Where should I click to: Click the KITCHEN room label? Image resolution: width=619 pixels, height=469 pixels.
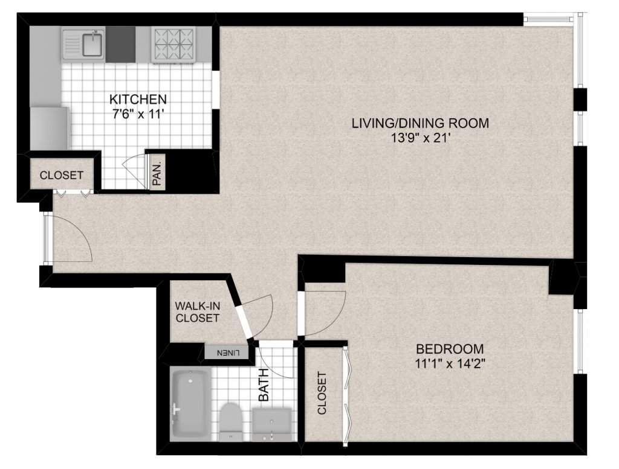(138, 98)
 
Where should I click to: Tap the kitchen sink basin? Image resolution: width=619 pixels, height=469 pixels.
(92, 43)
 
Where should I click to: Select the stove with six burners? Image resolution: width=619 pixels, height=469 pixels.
(173, 45)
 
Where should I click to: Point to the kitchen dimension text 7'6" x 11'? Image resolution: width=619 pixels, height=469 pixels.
(138, 115)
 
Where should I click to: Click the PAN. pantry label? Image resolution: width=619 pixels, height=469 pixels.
(157, 173)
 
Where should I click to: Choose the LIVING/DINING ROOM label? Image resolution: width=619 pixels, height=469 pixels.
(420, 123)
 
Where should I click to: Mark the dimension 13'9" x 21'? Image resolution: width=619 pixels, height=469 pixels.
(420, 138)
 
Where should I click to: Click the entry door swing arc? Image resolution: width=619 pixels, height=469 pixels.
(81, 232)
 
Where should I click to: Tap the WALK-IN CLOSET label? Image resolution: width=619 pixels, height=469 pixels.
(198, 311)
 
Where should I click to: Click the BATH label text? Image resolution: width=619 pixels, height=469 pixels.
(264, 384)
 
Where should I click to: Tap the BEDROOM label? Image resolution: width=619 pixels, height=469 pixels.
(450, 349)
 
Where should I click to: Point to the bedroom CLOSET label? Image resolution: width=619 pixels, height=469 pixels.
(322, 393)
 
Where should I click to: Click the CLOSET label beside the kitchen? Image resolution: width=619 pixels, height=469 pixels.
(62, 175)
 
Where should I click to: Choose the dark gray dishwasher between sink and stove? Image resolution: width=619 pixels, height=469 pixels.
(120, 44)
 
